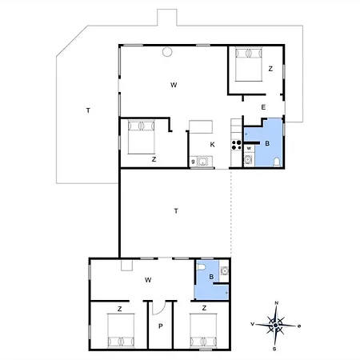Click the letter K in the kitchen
pos(212,145)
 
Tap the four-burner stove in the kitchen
pos(236,145)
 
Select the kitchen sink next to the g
pos(202,162)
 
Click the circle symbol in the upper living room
pos(167,52)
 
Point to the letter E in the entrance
pos(263,107)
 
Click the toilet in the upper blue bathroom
pos(277,162)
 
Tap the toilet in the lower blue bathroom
pos(201,267)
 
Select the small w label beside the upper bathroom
pos(249,148)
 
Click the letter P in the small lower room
pos(161,326)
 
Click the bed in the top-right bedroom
pos(249,65)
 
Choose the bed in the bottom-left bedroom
pos(121,330)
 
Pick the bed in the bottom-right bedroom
pos(203,330)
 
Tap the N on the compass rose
pos(277,303)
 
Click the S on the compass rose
pos(274,349)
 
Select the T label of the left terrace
pos(88,110)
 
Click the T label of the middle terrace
pos(176,211)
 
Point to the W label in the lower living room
pos(148,280)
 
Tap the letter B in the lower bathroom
pos(211,277)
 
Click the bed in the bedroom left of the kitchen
pos(142,137)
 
